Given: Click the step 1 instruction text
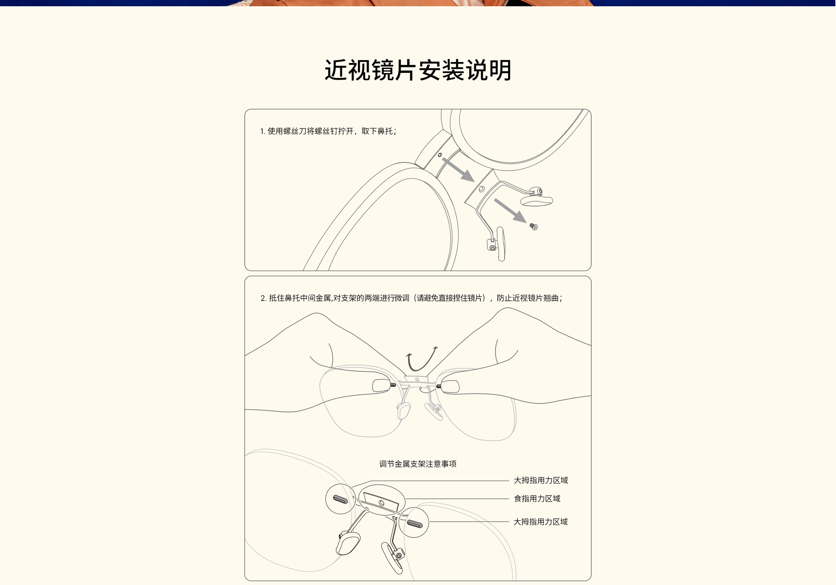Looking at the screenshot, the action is point(328,131).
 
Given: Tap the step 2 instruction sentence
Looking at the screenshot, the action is point(411,298).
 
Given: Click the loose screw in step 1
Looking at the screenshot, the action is point(533,227).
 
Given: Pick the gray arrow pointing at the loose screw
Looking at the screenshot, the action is point(510,210).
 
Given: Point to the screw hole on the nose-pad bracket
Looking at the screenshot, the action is point(481,189).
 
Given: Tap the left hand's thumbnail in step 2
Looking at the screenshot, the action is point(381,386).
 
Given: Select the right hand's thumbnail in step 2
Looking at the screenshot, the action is point(450,386).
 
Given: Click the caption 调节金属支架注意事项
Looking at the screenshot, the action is point(418,464).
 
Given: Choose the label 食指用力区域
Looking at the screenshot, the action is point(537,498).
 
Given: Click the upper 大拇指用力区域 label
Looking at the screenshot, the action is point(541,480).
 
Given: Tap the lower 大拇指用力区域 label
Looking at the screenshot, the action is point(541,522).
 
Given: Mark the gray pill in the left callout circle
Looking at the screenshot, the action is point(340,499).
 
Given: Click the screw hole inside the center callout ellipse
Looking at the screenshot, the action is point(382,503).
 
